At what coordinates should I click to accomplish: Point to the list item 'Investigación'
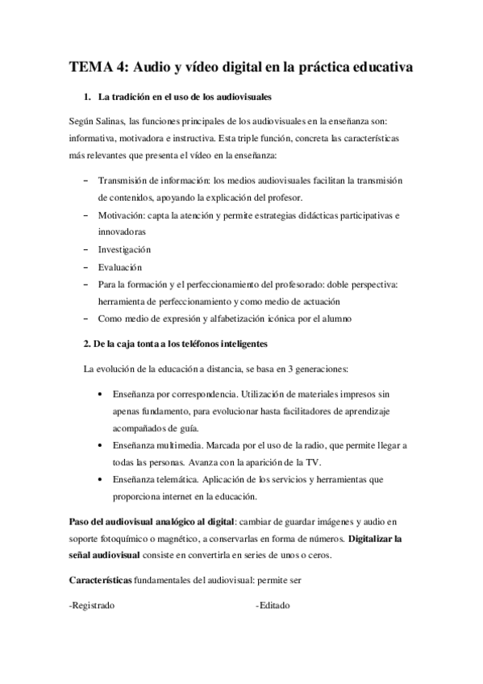point(124,249)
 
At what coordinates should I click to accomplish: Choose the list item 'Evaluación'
point(119,267)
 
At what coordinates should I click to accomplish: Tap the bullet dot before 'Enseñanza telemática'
point(98,480)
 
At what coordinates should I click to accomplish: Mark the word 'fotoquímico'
point(127,539)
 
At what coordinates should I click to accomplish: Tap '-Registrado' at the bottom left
point(92,605)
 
